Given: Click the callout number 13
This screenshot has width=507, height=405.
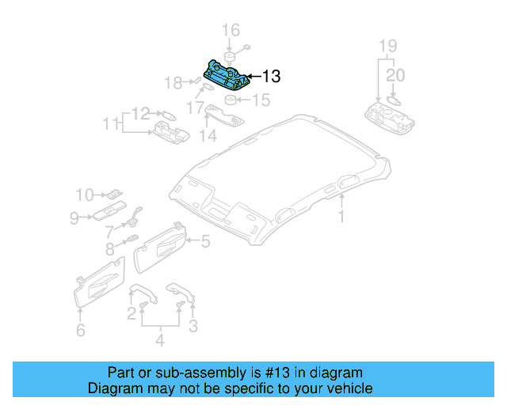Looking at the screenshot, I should coord(271,77).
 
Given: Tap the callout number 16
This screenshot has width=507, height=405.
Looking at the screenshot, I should coord(230,31).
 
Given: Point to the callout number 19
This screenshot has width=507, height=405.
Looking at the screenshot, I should coord(386,44).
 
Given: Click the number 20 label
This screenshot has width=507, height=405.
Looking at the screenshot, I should coord(395,76).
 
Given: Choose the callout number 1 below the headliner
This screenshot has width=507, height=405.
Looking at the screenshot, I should coord(341,216).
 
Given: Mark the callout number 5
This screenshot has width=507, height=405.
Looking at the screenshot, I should coord(204,242).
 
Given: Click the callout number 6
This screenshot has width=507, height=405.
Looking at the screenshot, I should coord(80,331).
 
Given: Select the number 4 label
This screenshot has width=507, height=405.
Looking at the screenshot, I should coord(159,341).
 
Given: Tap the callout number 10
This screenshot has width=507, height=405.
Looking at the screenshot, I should coord(85,194).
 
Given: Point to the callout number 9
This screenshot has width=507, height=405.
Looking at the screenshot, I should coord(74,217).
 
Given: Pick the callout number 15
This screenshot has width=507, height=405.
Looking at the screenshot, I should coord(261,100).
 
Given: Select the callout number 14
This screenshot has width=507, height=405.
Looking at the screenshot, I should coord(208,135).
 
